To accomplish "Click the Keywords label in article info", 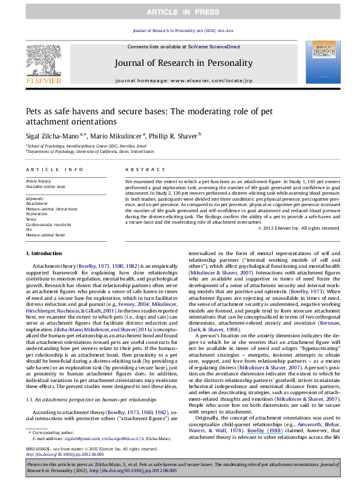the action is tap(35, 198).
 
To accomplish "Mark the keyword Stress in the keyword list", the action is tap(31, 218).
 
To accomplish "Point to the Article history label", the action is tap(39, 181).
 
